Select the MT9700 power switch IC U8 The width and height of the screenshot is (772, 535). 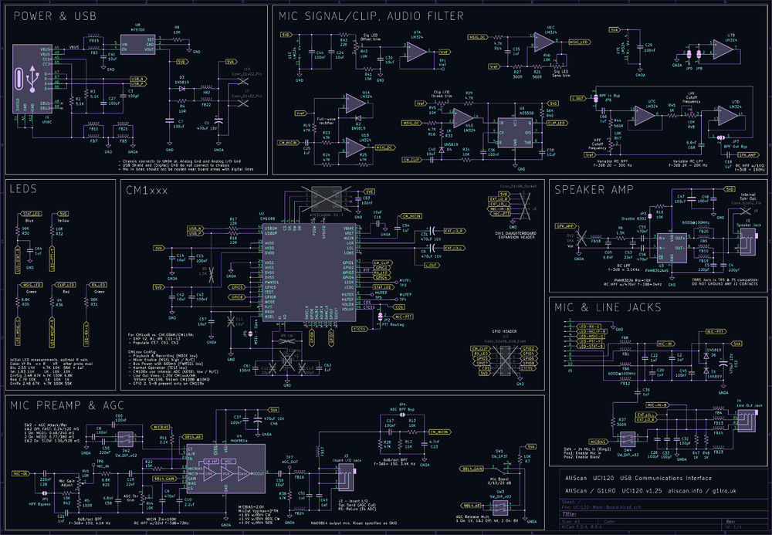(138, 46)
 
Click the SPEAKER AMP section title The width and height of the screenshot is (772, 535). (594, 189)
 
